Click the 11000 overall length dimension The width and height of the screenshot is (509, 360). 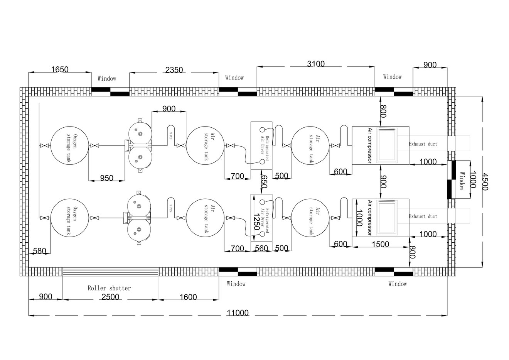238,313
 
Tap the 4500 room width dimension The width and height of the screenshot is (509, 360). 485,182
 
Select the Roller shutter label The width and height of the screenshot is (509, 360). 109,288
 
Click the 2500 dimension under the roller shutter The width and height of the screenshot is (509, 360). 110,297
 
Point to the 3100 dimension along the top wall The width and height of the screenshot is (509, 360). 316,64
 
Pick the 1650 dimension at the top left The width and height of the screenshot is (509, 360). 60,69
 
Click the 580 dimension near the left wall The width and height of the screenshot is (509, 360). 40,251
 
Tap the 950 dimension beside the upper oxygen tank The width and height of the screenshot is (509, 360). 106,178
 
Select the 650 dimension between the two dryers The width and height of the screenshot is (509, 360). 264,181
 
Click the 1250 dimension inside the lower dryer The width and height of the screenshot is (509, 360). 256,221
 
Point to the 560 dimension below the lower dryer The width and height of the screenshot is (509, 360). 261,248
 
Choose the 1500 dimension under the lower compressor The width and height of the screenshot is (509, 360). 380,244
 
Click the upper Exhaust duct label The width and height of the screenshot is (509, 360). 423,144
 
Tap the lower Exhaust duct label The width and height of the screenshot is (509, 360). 423,216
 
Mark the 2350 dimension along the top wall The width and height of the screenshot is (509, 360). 174,70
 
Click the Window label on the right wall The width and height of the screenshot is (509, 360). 462,181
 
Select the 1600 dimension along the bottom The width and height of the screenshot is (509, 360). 188,297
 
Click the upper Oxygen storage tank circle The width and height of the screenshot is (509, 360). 69,145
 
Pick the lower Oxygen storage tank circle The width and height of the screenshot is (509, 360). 69,218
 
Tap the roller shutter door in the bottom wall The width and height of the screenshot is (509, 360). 110,272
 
